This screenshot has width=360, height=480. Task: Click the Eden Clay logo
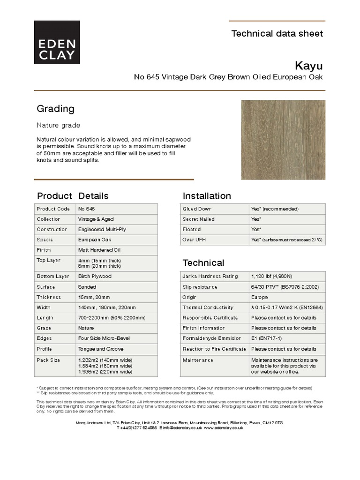[56, 42]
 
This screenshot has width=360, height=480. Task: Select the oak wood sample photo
[283, 139]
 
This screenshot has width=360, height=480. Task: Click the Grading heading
[55, 109]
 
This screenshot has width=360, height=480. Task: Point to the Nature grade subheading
[58, 125]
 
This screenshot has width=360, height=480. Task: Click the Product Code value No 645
[87, 209]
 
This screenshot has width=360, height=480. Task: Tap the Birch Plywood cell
[94, 276]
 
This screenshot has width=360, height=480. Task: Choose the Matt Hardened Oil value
[99, 250]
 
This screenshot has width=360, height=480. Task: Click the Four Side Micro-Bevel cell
[104, 338]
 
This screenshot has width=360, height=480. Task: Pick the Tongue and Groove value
[100, 349]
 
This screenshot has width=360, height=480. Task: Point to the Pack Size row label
[48, 360]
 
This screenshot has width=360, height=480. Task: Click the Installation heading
[206, 195]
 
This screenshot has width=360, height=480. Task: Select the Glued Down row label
[197, 209]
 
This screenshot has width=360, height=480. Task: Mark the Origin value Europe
[260, 297]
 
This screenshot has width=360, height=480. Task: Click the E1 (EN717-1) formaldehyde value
[266, 338]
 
